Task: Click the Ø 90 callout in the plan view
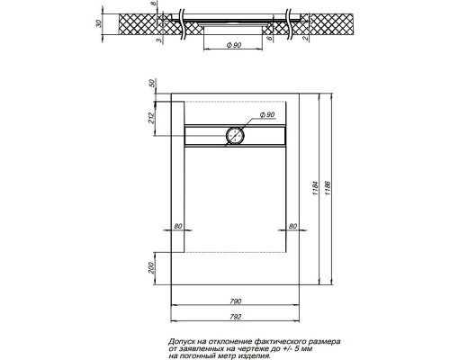(267, 116)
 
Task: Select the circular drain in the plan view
(234, 135)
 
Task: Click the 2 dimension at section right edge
(303, 38)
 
